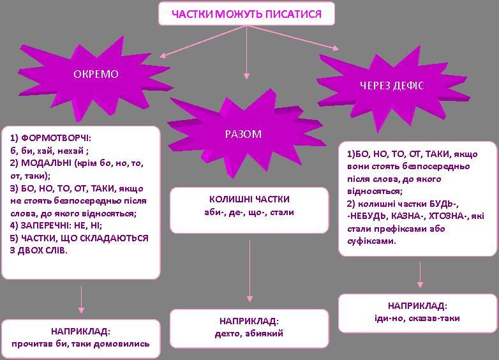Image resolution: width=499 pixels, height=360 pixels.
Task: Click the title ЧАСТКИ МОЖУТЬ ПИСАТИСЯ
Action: point(247,14)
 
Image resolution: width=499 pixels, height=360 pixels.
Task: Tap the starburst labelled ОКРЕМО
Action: point(96,77)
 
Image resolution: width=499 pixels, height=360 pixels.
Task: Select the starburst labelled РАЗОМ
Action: point(244,133)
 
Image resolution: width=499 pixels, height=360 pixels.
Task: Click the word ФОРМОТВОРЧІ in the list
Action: point(56,138)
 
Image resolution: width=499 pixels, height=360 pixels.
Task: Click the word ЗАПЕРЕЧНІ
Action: point(46,226)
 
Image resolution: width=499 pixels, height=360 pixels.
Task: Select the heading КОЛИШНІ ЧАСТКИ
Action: point(250,199)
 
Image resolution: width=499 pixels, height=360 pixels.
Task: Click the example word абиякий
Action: point(264,334)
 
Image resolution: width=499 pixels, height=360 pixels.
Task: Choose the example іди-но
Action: point(389,319)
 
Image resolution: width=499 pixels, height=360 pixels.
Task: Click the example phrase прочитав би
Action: point(41,344)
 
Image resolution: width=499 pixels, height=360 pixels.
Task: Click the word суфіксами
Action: point(371,241)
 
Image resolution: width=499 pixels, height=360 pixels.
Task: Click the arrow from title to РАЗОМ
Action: point(246,52)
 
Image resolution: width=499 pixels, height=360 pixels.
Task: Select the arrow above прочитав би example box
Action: point(81,299)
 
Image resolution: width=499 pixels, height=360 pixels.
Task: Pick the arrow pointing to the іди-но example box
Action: point(420,274)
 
